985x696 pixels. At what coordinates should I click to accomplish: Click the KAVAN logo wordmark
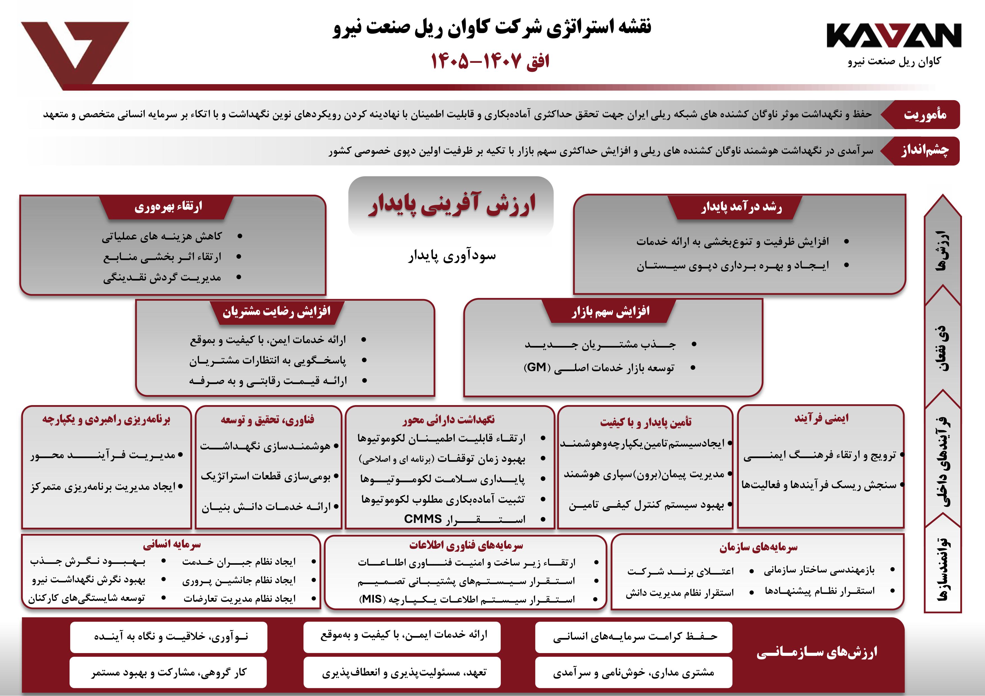pos(893,36)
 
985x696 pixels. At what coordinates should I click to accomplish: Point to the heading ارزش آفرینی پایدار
pos(451,204)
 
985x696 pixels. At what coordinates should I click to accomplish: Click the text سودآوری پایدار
pos(452,256)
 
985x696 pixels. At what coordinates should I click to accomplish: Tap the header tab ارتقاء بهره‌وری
pos(168,207)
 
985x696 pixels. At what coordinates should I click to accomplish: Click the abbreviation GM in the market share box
pos(536,367)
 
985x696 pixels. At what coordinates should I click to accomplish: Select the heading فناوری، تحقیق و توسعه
pos(267,420)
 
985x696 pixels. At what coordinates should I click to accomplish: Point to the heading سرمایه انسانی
pos(172,545)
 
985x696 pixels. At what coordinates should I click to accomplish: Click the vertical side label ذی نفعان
pos(942,347)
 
